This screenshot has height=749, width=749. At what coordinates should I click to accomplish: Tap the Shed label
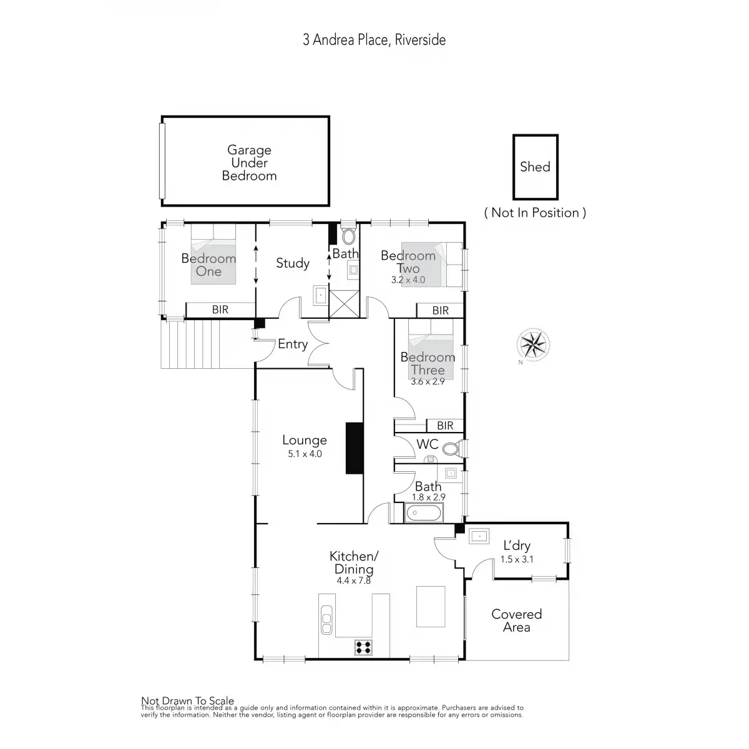(535, 167)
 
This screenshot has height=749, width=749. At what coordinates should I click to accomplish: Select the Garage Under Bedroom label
(249, 163)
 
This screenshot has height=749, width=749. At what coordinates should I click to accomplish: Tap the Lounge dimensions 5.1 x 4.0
(305, 454)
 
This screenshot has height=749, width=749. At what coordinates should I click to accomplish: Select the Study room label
(293, 263)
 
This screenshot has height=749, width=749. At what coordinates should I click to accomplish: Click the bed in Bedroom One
(213, 255)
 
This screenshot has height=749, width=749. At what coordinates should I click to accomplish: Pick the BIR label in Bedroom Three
(445, 426)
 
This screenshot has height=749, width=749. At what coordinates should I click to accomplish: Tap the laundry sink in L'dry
(479, 536)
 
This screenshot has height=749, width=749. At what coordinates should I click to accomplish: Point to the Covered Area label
(516, 620)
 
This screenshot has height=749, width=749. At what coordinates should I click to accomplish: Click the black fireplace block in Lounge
(355, 448)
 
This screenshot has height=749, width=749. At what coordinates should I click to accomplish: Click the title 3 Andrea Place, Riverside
(374, 40)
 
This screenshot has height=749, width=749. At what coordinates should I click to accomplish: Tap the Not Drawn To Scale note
(187, 701)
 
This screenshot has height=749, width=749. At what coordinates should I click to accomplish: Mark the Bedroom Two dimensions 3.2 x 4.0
(408, 280)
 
